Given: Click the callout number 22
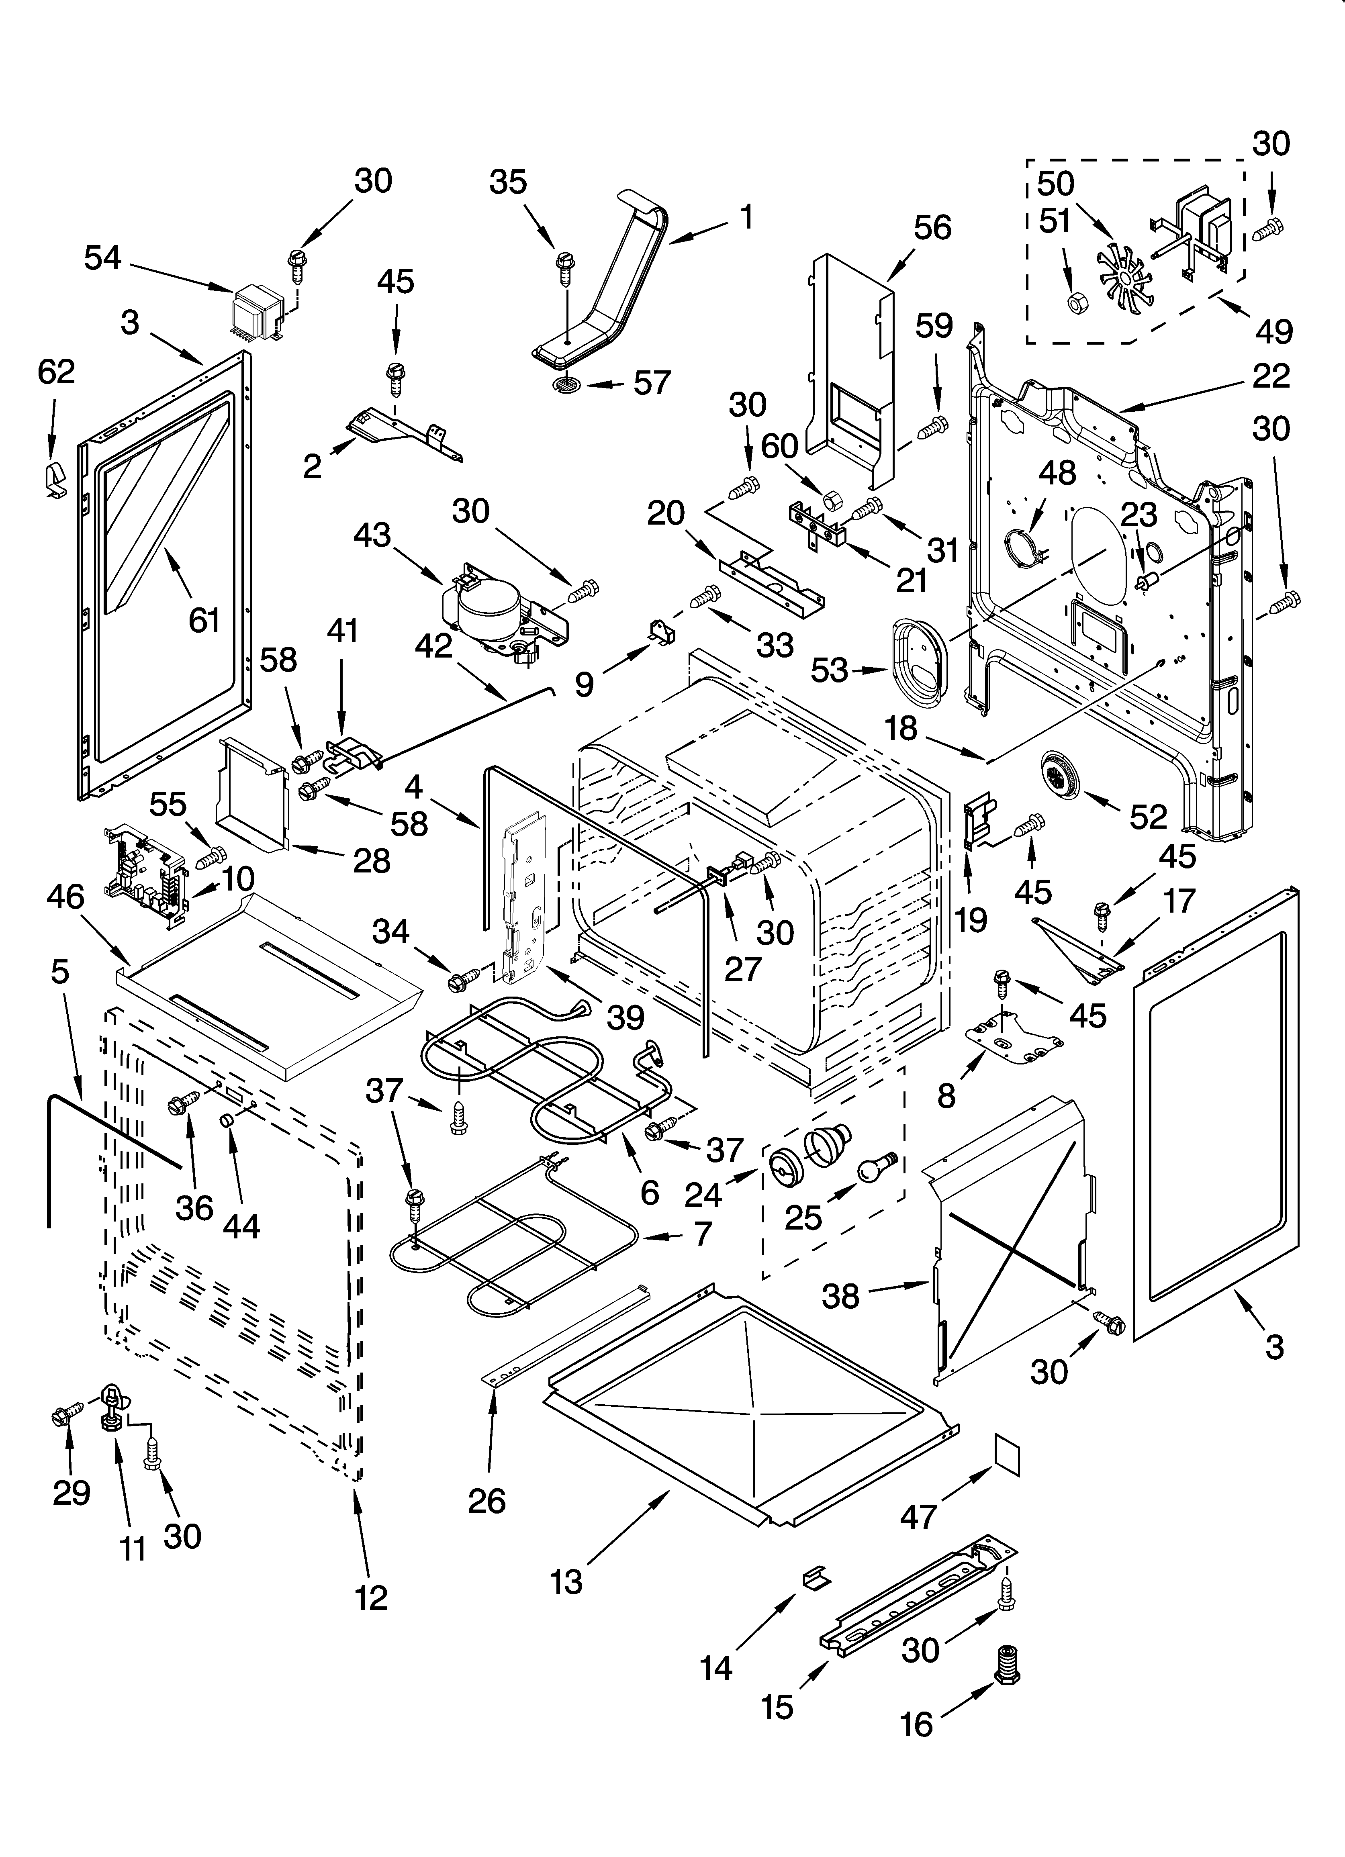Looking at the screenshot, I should [x=1270, y=376].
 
